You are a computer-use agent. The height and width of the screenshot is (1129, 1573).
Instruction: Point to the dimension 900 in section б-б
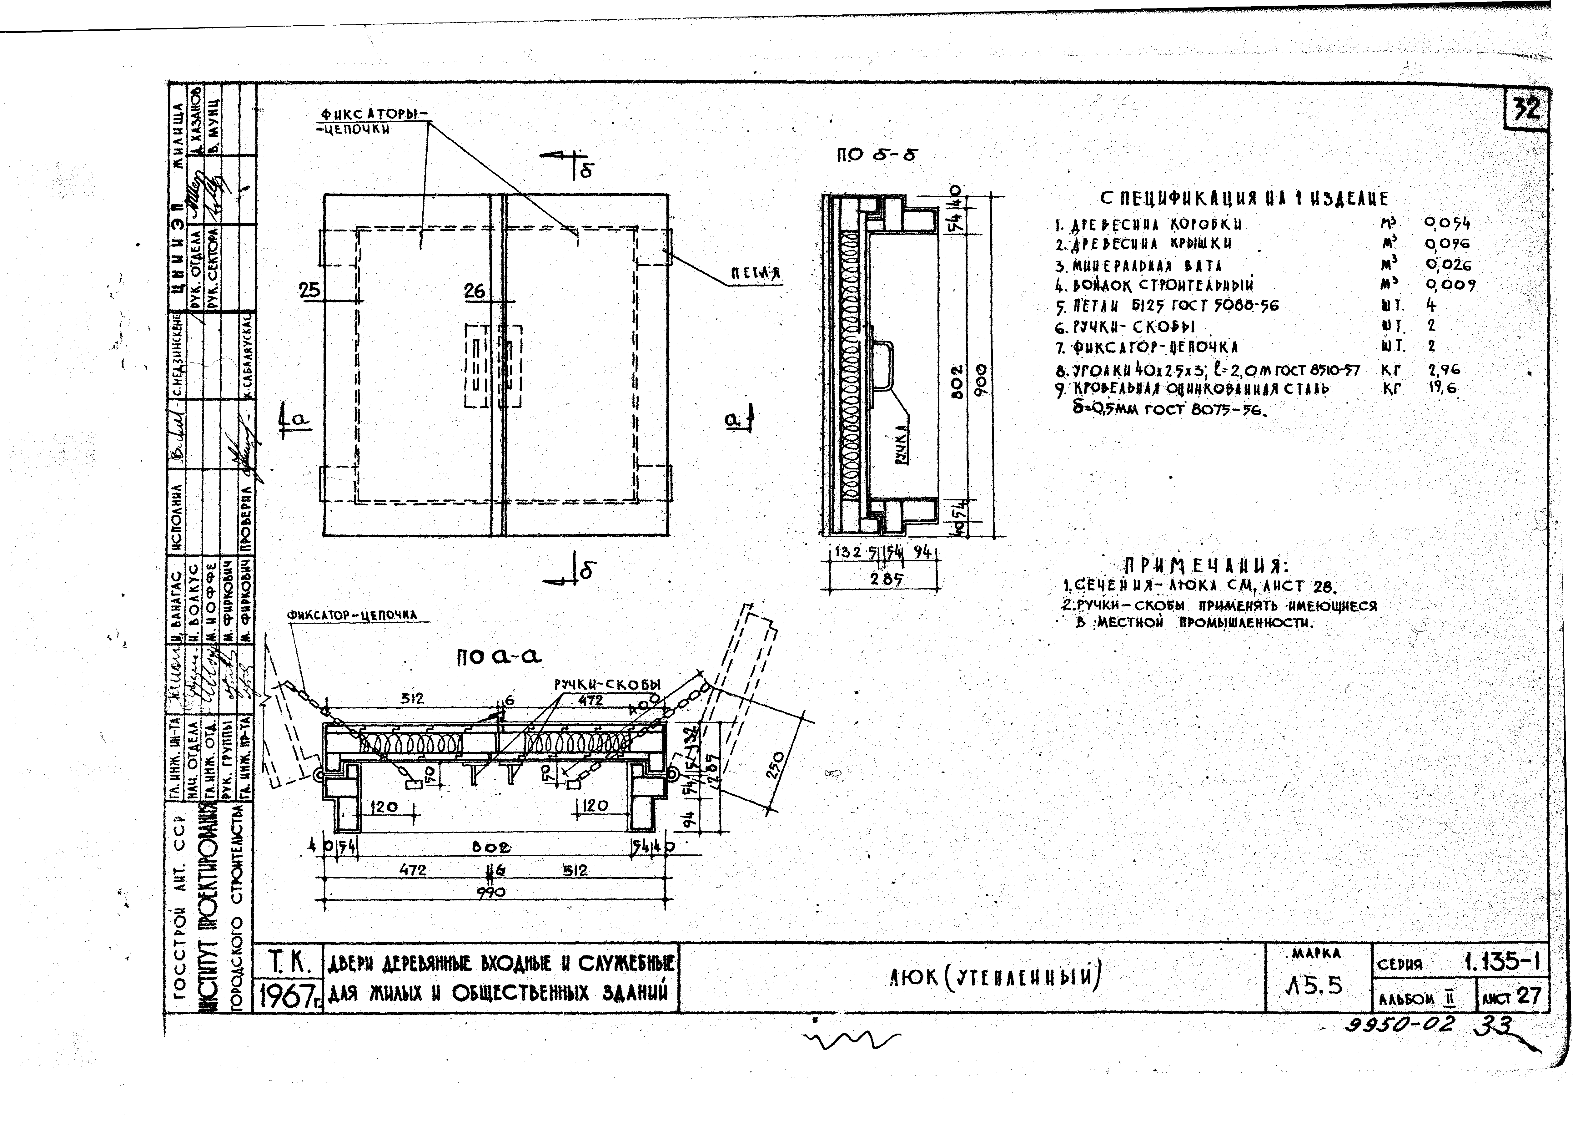(980, 380)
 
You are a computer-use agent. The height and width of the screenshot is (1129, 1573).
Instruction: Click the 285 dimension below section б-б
(886, 578)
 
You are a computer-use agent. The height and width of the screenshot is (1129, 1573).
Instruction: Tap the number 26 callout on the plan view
(475, 291)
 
